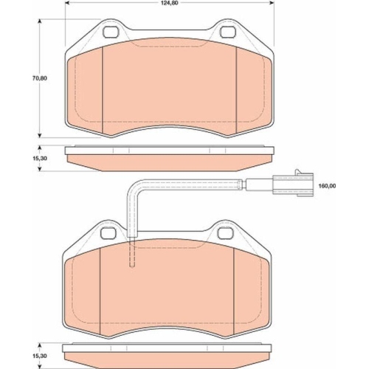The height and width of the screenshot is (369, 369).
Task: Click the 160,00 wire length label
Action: tap(329, 186)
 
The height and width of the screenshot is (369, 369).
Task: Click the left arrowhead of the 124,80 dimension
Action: tap(68, 4)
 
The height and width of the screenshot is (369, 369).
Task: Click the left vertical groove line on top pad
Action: tap(100, 89)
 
